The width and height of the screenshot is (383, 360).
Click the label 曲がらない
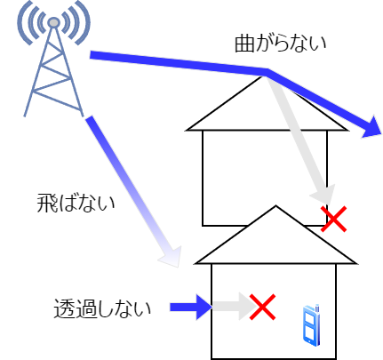click(x=280, y=44)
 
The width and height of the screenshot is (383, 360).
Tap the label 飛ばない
click(x=76, y=204)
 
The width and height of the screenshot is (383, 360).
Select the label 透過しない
click(x=102, y=308)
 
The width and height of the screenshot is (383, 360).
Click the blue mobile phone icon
click(x=311, y=325)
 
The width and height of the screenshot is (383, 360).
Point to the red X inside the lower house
click(x=262, y=307)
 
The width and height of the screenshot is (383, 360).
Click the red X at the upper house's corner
click(x=333, y=219)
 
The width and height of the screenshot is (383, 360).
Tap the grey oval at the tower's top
click(x=53, y=22)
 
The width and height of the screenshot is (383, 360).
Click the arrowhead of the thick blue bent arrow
click(x=373, y=126)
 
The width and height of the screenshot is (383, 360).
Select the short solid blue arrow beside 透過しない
click(x=191, y=307)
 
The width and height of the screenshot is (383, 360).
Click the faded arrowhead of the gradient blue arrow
click(x=172, y=257)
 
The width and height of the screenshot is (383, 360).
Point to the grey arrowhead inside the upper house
click(x=323, y=195)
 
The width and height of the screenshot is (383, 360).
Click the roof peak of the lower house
click(x=275, y=206)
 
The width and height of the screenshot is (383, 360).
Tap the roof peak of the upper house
click(x=262, y=76)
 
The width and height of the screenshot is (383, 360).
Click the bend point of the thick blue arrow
click(x=268, y=72)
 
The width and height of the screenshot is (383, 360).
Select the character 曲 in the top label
click(x=244, y=44)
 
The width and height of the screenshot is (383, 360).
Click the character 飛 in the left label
click(x=46, y=204)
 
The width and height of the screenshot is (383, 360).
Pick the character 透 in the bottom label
click(x=63, y=308)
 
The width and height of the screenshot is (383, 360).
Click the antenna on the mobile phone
click(x=317, y=308)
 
